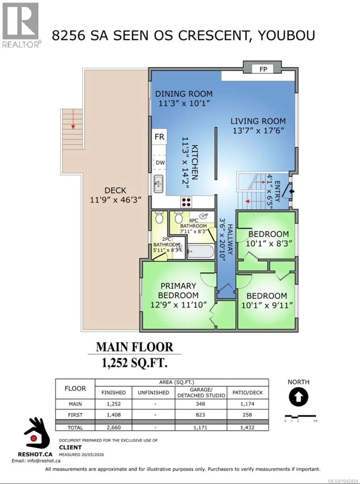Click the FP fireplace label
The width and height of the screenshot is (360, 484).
pos(263,69)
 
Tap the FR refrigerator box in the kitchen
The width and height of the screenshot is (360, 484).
pos(160,137)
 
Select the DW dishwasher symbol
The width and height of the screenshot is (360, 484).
pos(160,163)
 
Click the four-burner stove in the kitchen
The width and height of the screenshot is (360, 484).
pos(186,202)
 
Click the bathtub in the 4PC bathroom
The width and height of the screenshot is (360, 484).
pos(201,252)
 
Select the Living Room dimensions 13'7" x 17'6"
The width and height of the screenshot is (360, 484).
pos(258,131)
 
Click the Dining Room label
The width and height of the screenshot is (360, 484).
pos(184,94)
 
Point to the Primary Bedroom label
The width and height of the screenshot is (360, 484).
pos(178,290)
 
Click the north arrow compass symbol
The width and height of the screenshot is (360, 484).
pos(298,396)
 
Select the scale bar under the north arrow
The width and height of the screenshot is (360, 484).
pos(300,416)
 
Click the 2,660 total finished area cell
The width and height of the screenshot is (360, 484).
pos(114,427)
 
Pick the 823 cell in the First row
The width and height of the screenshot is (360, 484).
pos(200,415)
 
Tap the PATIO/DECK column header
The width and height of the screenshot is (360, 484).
pos(248,392)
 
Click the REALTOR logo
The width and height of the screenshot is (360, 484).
pos(21,25)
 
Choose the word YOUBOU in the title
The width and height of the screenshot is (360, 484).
pos(287,35)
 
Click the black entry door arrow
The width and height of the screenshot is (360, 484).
pos(292,192)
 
